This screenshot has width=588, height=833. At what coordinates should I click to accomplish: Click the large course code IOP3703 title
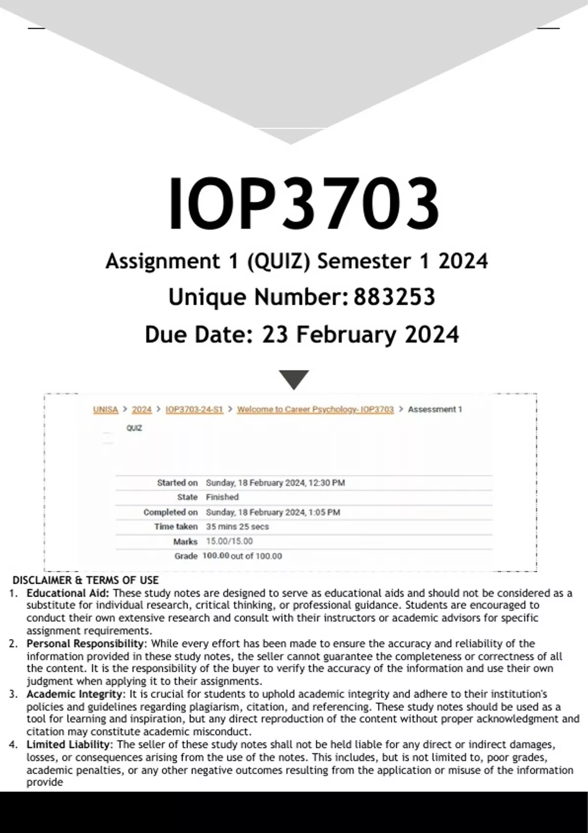[303, 204]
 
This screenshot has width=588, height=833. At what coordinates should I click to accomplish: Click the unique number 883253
[394, 297]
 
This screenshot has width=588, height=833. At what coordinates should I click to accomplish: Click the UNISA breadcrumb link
[106, 410]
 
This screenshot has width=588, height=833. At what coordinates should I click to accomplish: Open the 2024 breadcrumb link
[142, 410]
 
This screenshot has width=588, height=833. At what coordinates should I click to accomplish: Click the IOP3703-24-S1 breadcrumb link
[194, 410]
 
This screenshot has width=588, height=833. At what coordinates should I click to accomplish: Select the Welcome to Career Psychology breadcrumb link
[315, 410]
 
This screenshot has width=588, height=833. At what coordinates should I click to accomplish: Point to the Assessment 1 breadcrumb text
[435, 410]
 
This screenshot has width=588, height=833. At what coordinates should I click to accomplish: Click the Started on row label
[177, 483]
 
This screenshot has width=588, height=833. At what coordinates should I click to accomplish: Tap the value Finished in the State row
[222, 497]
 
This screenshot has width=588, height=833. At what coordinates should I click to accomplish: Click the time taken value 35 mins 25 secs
[237, 527]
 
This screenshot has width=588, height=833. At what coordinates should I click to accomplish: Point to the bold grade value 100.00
[216, 556]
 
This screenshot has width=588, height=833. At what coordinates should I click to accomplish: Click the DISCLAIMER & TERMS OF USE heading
[85, 581]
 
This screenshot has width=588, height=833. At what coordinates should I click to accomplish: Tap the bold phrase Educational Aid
[69, 593]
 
